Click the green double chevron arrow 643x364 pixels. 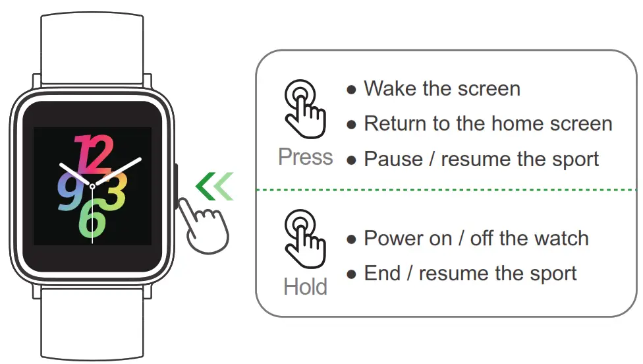pos(215,187)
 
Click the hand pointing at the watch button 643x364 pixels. pos(206,224)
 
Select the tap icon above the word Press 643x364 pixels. pos(304,109)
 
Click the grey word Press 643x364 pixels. pos(305,157)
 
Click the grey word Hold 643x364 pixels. pos(305,287)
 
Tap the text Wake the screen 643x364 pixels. pos(441,89)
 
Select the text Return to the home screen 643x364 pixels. pos(488,124)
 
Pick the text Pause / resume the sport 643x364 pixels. pos(481,159)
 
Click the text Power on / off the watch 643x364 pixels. pos(476,238)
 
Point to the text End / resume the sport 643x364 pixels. pos(470,274)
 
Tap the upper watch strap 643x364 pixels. pos(92,46)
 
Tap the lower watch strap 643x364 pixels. pos(92,326)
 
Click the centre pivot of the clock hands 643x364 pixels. pos(92,187)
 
